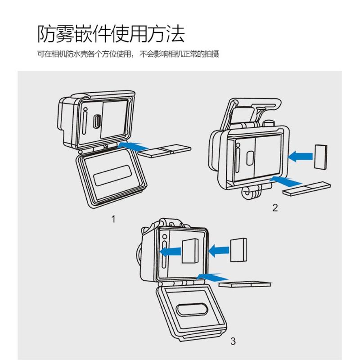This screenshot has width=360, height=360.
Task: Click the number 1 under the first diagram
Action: tap(114, 219)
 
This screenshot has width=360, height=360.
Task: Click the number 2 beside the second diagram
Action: tap(275, 207)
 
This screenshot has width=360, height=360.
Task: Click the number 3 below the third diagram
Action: tap(233, 341)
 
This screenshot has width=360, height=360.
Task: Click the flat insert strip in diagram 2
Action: tap(307, 188)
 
